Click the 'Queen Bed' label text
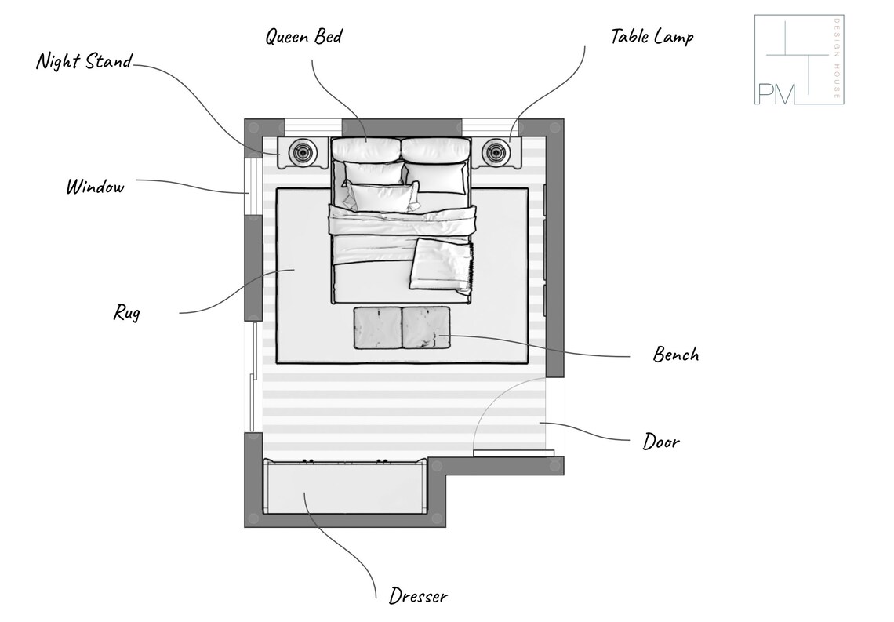[303, 37]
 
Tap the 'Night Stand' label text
[84, 61]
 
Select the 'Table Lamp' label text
[652, 36]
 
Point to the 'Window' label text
[95, 187]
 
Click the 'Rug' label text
[126, 313]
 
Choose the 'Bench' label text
[675, 355]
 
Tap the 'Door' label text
[661, 442]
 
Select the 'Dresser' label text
[418, 596]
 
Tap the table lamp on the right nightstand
[496, 151]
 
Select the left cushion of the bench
[377, 328]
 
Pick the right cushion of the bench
[427, 328]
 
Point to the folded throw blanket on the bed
[442, 264]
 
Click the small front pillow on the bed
[380, 197]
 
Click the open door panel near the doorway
[514, 453]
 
